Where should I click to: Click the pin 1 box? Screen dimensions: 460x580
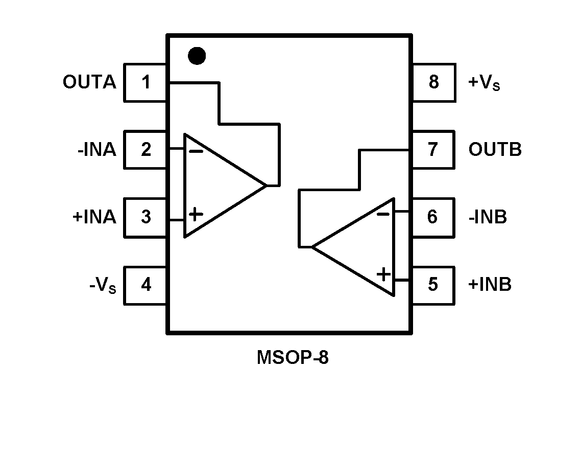tap(146, 82)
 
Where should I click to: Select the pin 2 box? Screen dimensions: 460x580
tap(146, 150)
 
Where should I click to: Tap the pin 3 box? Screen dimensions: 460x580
tap(146, 217)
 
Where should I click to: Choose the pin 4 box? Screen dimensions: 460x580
tap(146, 285)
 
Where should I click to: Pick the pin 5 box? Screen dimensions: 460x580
tap(433, 285)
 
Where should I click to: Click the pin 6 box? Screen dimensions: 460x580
tap(433, 217)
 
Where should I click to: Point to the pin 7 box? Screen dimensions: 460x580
tap(433, 150)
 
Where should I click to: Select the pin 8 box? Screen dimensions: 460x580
tap(433, 82)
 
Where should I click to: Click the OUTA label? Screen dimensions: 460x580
tap(89, 82)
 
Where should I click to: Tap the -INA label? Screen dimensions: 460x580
tap(96, 150)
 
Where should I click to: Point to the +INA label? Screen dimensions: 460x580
tap(94, 217)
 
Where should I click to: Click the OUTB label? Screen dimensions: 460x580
tap(495, 150)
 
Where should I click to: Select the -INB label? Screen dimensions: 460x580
tap(488, 217)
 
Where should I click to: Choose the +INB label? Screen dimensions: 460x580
tap(490, 285)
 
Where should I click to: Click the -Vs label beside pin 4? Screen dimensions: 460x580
tap(103, 285)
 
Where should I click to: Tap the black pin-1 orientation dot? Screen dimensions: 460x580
tap(197, 56)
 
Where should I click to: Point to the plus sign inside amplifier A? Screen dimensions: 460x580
tap(196, 214)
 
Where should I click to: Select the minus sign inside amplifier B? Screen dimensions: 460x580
tap(383, 213)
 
